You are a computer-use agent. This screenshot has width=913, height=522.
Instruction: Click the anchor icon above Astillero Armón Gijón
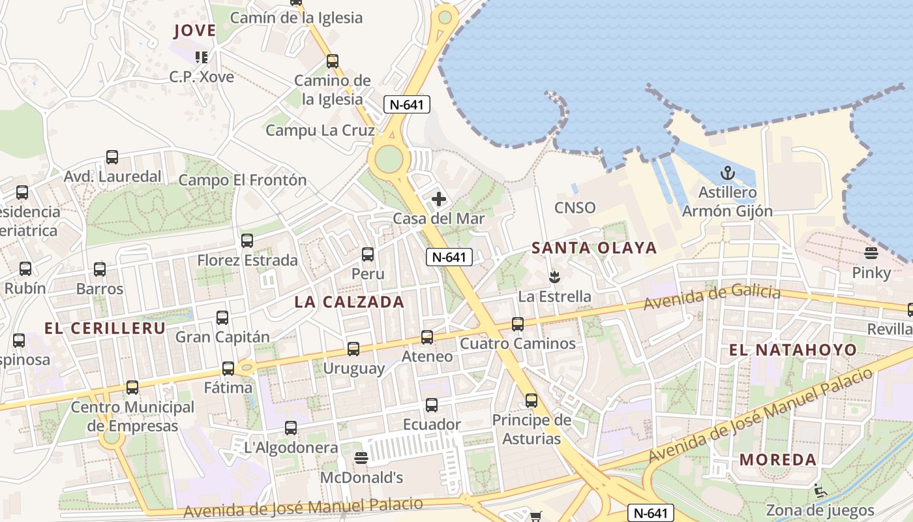coord(726,173)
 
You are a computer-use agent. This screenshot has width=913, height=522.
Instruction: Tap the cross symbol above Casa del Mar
coord(439,199)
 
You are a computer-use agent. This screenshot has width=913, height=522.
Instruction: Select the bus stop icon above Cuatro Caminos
coord(518,324)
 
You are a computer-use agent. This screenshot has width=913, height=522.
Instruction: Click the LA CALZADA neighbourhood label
coord(349,302)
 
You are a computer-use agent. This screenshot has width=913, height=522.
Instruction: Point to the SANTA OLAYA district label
coord(594,248)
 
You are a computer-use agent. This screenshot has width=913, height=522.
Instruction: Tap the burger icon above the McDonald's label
coord(361,458)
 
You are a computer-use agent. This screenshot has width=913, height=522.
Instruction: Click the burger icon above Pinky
coord(871,253)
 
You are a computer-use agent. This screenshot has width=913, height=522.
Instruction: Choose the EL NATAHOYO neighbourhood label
coord(792,350)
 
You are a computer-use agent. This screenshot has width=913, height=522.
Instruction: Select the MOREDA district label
coord(778,459)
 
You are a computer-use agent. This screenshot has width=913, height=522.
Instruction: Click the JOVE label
coord(194,31)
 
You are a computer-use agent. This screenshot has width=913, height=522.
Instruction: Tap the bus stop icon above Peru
coord(368,254)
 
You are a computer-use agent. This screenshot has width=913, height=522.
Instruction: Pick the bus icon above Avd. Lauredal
coord(112,157)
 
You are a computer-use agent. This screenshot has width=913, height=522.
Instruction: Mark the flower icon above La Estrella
coord(554,277)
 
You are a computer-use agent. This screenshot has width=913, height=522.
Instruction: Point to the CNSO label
coord(575,208)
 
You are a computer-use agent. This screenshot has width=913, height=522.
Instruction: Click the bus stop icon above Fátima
coord(228,369)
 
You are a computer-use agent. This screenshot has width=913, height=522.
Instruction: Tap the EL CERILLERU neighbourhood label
coord(104,328)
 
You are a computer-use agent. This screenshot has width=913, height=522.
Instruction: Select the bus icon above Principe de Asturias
coord(531,401)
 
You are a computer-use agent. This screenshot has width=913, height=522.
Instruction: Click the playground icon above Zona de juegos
coord(820,491)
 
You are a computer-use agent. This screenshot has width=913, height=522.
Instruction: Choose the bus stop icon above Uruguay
coord(353,349)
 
